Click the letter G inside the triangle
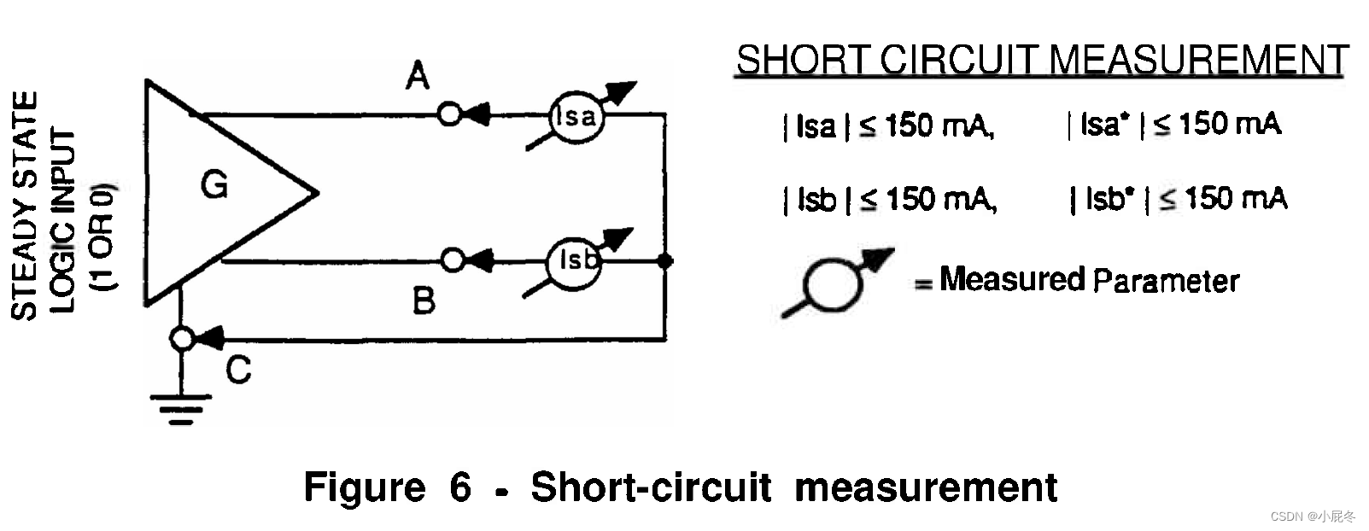coord(214,184)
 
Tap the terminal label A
coord(418,77)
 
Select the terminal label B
coord(424,301)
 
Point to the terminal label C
coord(238,370)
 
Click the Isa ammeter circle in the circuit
coord(576,117)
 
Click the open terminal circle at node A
coord(450,114)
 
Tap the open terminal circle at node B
coord(453,260)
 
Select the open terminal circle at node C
coord(182,340)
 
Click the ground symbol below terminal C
coord(181,408)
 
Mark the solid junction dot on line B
coord(665,260)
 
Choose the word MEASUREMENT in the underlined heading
coord(1198,61)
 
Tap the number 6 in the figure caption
coord(460,487)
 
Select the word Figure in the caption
coord(365,487)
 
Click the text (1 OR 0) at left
coord(102,236)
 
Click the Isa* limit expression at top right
coord(1174,125)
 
